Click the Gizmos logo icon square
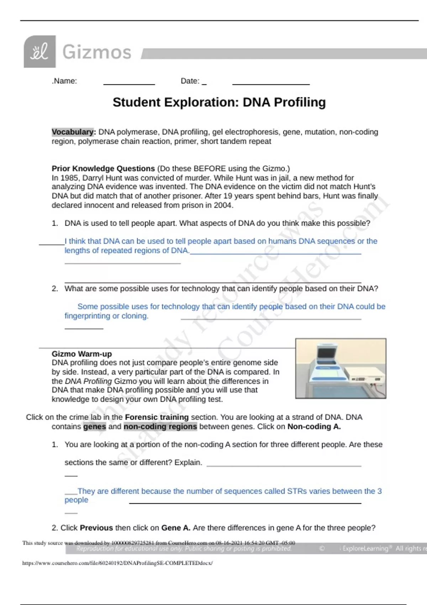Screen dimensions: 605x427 click(x=39, y=52)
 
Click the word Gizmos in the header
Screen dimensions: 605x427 click(x=97, y=52)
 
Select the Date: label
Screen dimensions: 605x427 click(x=190, y=81)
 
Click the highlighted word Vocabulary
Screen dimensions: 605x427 click(x=73, y=132)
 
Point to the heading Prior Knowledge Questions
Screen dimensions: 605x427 click(x=103, y=169)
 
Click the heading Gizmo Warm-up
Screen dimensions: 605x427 click(x=82, y=354)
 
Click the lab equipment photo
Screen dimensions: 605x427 click(x=341, y=368)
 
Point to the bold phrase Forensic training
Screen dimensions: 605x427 click(x=157, y=417)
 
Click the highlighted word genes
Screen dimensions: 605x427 click(x=95, y=427)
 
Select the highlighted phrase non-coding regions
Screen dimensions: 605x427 click(x=160, y=427)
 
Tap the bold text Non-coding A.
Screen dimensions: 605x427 click(x=314, y=427)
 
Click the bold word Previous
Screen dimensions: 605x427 click(x=96, y=528)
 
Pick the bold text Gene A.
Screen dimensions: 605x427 click(x=176, y=528)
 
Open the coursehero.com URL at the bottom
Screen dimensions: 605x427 click(x=117, y=563)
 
